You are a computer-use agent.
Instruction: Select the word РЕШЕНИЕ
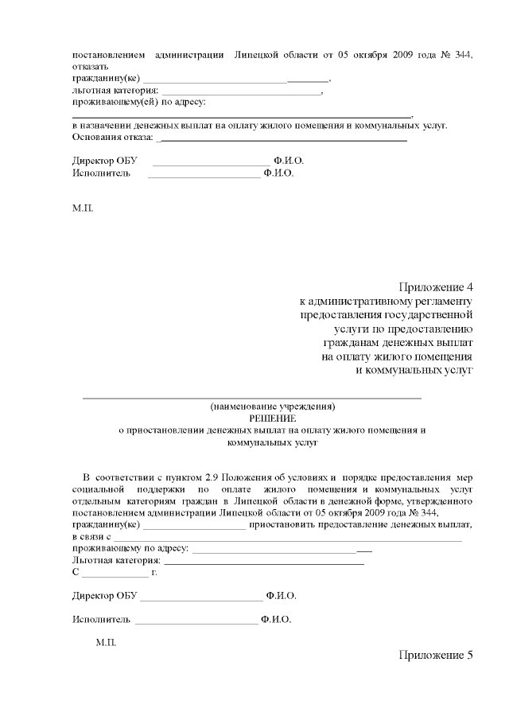click(x=273, y=418)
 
